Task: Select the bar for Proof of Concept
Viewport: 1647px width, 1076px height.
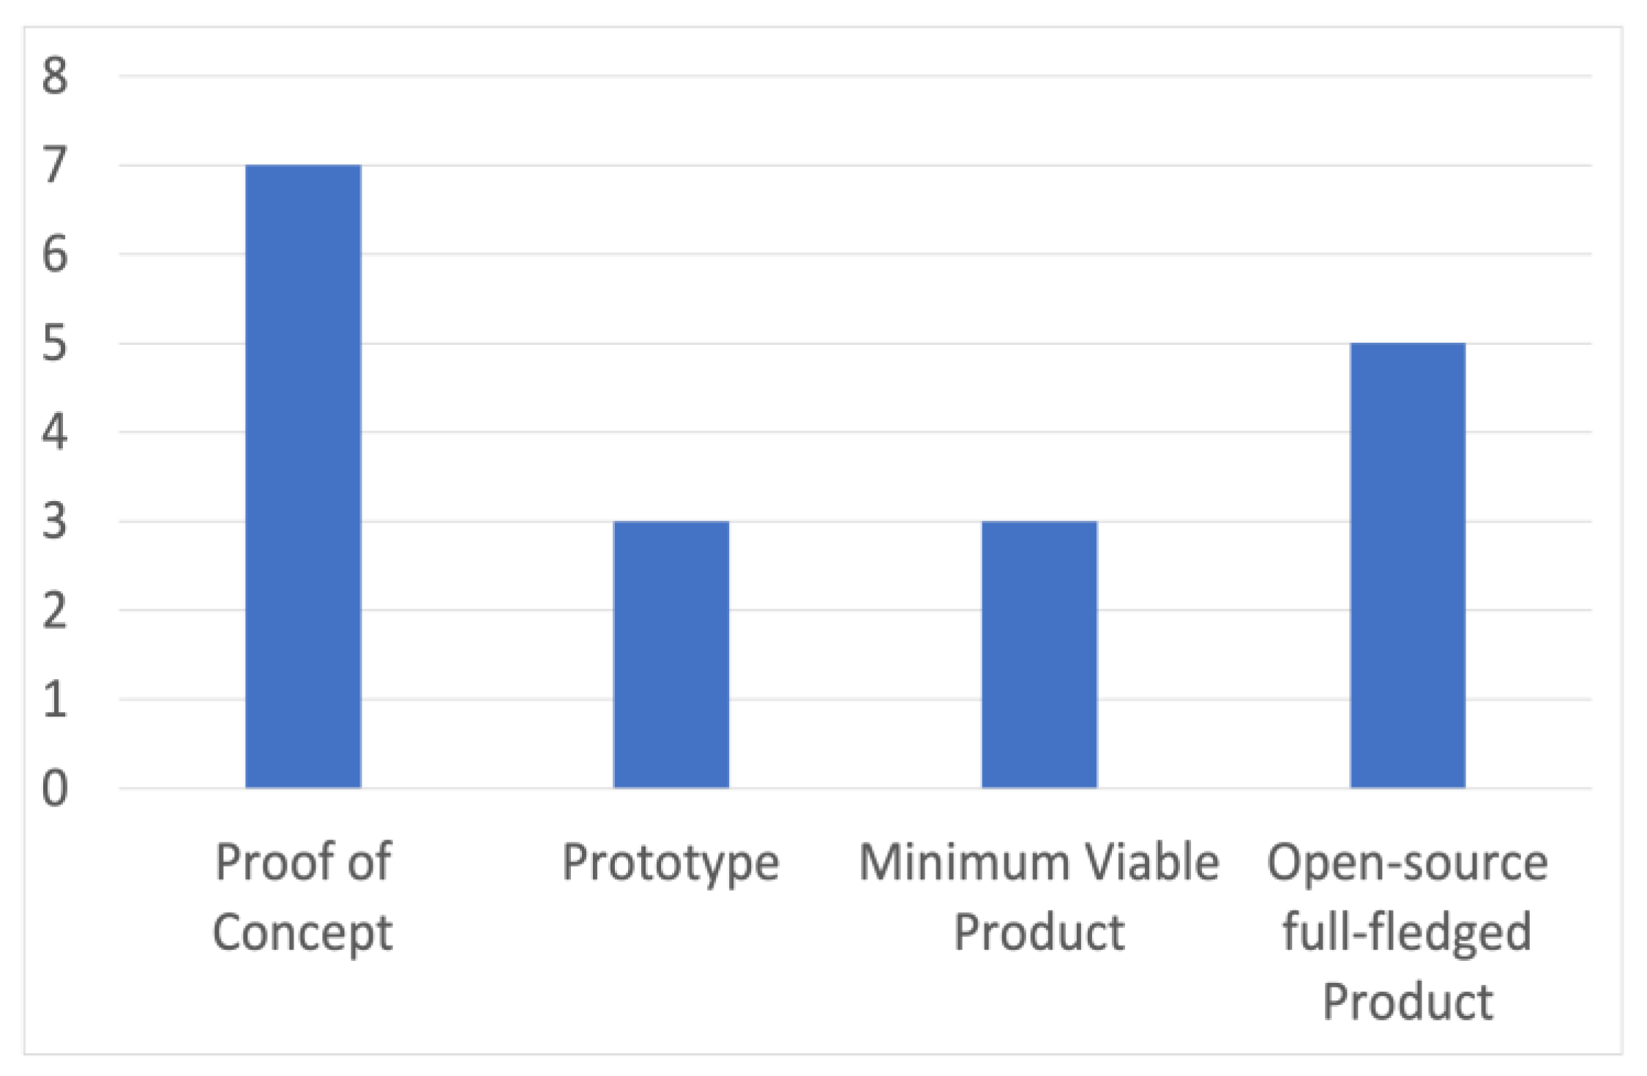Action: pyautogui.click(x=303, y=476)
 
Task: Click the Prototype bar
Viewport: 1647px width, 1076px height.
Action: pyautogui.click(x=671, y=654)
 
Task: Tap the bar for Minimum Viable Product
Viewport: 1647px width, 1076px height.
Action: pyautogui.click(x=1039, y=654)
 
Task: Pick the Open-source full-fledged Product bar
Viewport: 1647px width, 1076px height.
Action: pyautogui.click(x=1407, y=565)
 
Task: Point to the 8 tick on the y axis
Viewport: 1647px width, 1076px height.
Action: pyautogui.click(x=55, y=75)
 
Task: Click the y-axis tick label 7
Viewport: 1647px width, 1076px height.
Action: pyautogui.click(x=55, y=165)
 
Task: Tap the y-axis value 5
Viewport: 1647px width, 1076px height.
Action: pyautogui.click(x=55, y=344)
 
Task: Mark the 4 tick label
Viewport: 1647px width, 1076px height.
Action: pyautogui.click(x=55, y=432)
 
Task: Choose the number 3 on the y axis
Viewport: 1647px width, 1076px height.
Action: pyautogui.click(x=55, y=522)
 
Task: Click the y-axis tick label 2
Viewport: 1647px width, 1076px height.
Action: pyautogui.click(x=55, y=610)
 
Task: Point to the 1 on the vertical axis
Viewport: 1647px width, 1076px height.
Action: pyautogui.click(x=55, y=700)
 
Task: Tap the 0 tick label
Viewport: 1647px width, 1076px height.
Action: pyautogui.click(x=55, y=789)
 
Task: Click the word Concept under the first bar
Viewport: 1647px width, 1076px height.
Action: pyautogui.click(x=302, y=932)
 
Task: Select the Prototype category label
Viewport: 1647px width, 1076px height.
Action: pyautogui.click(x=671, y=864)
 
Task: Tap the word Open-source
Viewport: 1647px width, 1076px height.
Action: pyautogui.click(x=1407, y=864)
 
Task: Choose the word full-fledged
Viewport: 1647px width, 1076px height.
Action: pyautogui.click(x=1407, y=932)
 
